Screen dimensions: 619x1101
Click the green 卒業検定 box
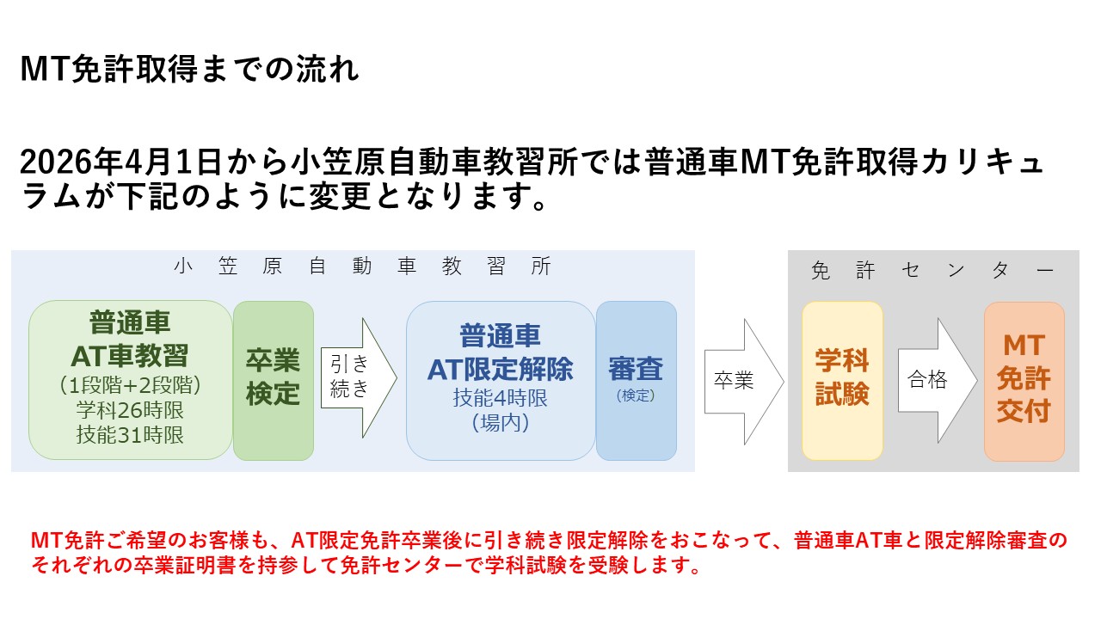point(273,379)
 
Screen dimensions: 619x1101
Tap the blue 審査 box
point(636,379)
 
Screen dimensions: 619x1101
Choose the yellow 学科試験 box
point(842,379)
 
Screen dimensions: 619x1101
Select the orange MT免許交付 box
point(1024,379)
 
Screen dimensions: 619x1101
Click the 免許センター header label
point(932,271)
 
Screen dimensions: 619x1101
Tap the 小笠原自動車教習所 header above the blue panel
point(361,267)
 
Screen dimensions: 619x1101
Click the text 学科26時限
point(130,409)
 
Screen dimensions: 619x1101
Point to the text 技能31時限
point(130,435)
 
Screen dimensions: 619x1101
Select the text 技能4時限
point(500,398)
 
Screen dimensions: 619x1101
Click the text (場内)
point(500,423)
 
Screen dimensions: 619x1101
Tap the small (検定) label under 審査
point(636,396)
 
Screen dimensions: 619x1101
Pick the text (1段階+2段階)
point(130,383)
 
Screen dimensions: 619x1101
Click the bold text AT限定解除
point(500,369)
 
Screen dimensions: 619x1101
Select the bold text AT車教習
point(130,354)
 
